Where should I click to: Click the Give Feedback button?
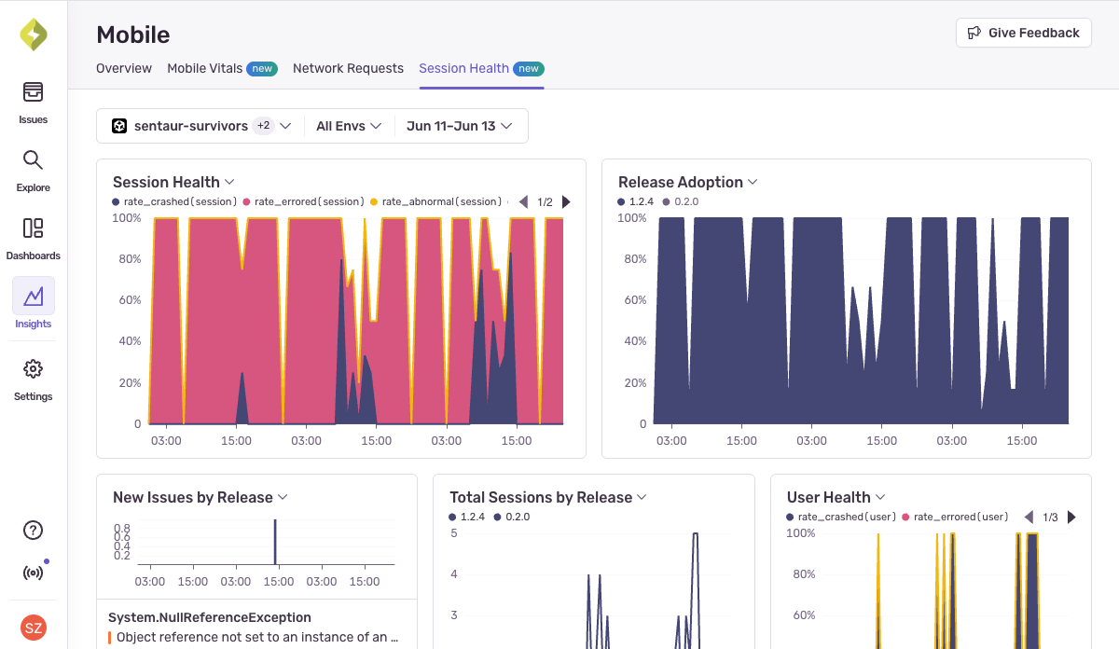point(1023,33)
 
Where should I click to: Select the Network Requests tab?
point(348,68)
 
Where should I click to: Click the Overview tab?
point(124,68)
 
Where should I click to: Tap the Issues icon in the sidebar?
point(34,92)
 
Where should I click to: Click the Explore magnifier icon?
point(34,160)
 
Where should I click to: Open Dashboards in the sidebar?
point(34,228)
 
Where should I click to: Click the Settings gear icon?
point(34,369)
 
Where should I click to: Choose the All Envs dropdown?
point(349,126)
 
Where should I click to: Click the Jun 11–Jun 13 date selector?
point(460,126)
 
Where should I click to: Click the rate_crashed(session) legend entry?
point(175,201)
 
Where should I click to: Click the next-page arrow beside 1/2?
point(567,201)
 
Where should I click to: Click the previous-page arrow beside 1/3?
point(1029,517)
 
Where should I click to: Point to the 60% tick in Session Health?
point(129,300)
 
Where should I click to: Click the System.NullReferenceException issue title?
point(210,617)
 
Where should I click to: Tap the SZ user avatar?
point(34,628)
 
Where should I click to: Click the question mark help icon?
point(34,531)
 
